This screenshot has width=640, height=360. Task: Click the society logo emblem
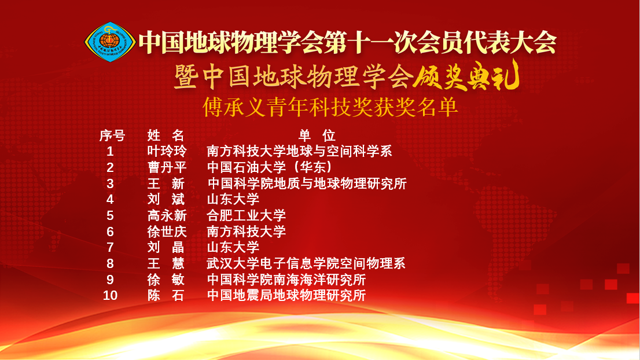click(110, 42)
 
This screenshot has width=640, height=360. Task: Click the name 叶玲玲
click(167, 152)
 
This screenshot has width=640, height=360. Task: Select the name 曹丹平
click(167, 167)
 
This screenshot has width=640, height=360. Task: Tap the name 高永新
click(167, 215)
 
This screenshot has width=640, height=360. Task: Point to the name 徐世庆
click(167, 232)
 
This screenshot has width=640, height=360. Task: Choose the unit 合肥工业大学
click(246, 215)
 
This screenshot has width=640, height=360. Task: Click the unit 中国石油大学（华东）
click(270, 167)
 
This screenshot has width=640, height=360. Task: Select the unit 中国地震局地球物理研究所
click(286, 295)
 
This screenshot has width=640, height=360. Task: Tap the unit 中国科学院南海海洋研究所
click(286, 280)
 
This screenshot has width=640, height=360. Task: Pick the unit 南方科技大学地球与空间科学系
click(299, 152)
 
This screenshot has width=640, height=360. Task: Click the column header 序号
click(112, 135)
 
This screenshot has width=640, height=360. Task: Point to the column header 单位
click(317, 135)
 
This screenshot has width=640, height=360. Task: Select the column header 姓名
click(165, 135)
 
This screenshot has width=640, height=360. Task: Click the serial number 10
click(110, 295)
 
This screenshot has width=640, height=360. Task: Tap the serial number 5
click(110, 215)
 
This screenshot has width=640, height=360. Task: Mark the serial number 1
click(110, 152)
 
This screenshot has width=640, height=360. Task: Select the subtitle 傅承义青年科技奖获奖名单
click(330, 107)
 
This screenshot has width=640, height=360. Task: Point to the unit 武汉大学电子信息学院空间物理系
click(306, 264)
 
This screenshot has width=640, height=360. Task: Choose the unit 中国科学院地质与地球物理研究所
click(307, 183)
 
